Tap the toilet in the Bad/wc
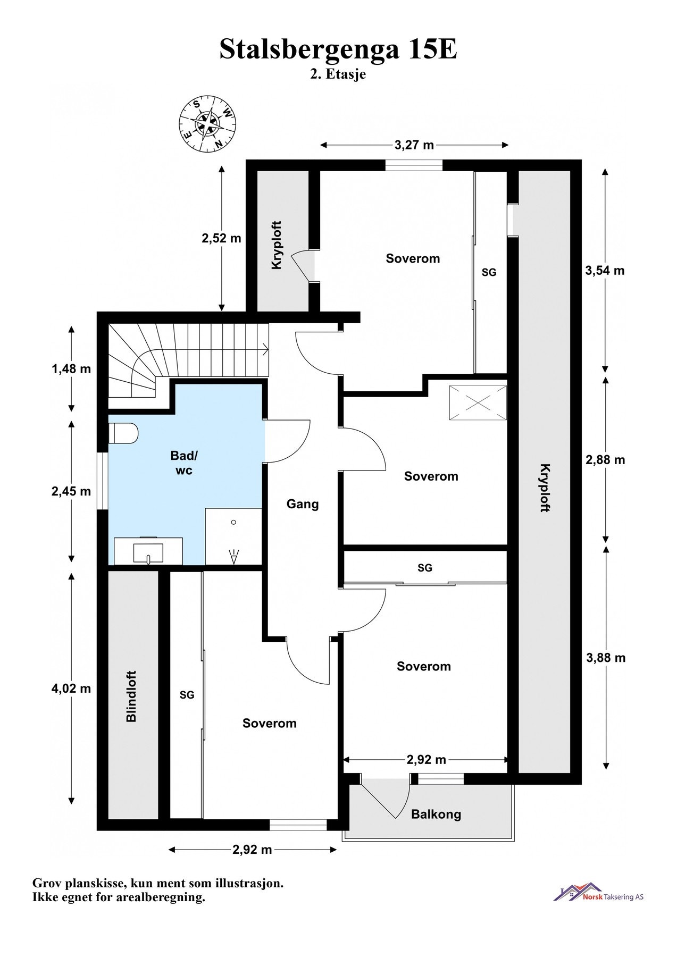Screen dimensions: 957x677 tap(123, 433)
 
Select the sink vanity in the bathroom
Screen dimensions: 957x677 tap(148, 551)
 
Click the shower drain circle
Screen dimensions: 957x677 tap(233, 522)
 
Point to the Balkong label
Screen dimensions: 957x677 tap(436, 814)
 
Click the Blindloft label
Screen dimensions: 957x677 tap(131, 696)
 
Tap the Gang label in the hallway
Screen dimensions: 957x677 tap(303, 503)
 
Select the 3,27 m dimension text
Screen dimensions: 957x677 tap(414, 145)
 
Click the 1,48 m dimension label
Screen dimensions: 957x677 tap(71, 368)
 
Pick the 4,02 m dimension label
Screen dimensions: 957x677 tap(71, 689)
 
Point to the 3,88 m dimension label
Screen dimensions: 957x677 tap(606, 658)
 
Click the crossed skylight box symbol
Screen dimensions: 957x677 tap(478, 404)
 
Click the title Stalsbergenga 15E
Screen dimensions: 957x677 tap(338, 49)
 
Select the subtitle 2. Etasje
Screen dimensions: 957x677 tap(338, 74)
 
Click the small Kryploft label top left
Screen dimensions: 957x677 tap(277, 245)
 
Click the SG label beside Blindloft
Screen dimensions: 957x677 tap(187, 695)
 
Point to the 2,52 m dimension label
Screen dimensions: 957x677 tap(221, 238)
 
